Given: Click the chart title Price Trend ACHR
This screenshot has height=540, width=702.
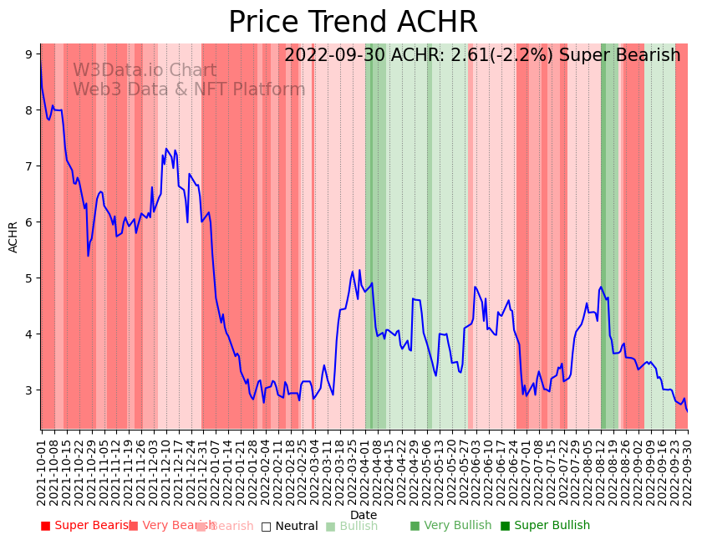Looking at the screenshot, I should pyautogui.click(x=353, y=23).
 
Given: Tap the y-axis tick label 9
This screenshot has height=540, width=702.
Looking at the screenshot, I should pyautogui.click(x=28, y=54).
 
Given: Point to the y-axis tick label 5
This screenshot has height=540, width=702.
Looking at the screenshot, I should pyautogui.click(x=28, y=278).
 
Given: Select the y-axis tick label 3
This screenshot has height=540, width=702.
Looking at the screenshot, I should pyautogui.click(x=28, y=390).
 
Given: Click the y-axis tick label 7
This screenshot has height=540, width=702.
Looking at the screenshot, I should pyautogui.click(x=28, y=166).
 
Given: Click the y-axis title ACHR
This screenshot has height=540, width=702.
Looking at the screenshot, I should pyautogui.click(x=13, y=237).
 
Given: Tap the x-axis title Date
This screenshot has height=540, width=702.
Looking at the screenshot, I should pyautogui.click(x=364, y=515).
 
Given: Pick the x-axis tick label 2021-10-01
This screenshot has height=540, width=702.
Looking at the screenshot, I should pyautogui.click(x=42, y=468).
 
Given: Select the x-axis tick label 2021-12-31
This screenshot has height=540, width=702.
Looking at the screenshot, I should pyautogui.click(x=203, y=468).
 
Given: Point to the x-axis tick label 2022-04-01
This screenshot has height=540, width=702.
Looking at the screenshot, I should pyautogui.click(x=365, y=468).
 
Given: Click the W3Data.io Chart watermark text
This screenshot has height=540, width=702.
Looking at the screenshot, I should pyautogui.click(x=145, y=71).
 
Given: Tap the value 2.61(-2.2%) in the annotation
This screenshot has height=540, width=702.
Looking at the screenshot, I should pyautogui.click(x=506, y=56).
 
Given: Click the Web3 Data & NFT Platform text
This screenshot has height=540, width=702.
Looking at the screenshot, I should pyautogui.click(x=189, y=89).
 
